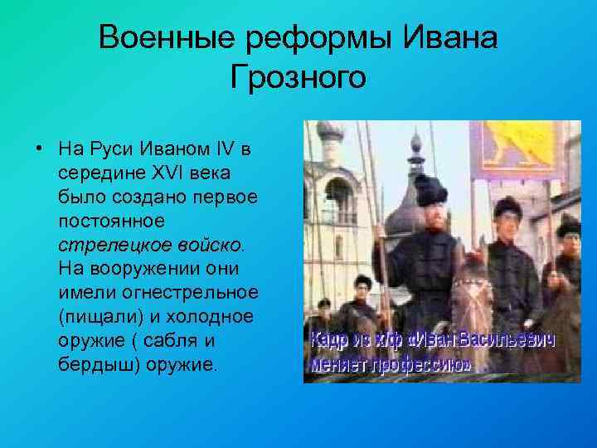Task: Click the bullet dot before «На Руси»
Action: (39, 151)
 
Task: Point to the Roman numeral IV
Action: (226, 151)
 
